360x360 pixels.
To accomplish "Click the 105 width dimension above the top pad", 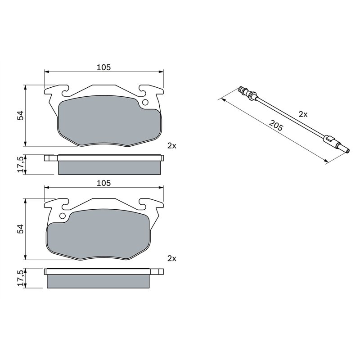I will tap(103, 67).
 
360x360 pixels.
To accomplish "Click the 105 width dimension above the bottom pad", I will tap(103, 183).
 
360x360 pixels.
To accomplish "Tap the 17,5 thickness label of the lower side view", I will tap(20, 278).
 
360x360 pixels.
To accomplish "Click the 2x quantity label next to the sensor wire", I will tap(303, 114).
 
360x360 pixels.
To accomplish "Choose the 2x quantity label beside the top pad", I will tap(171, 145).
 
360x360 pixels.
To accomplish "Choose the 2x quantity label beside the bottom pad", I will tap(171, 258).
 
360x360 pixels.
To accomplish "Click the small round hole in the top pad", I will tap(145, 103).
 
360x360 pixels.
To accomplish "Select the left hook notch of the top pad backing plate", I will tap(63, 93).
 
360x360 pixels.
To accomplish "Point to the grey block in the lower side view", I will tap(98, 281).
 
